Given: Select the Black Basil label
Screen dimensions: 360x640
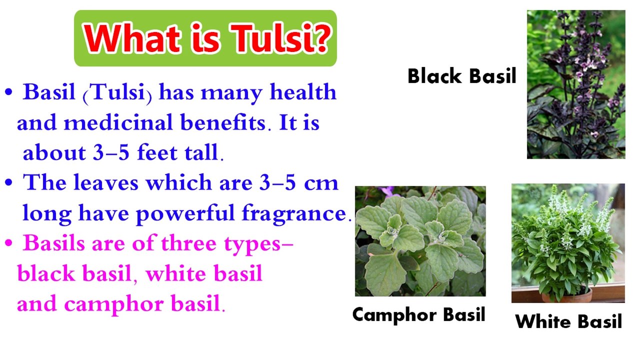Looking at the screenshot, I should tap(461, 76).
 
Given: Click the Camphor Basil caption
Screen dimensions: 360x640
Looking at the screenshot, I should tap(418, 315).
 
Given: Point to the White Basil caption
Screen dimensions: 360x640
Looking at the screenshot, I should tap(568, 321).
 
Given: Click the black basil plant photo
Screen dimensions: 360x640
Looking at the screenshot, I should tap(575, 84).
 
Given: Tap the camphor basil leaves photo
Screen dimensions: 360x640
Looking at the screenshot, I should tap(420, 241).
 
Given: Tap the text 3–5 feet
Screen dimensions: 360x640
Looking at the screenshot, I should tap(144, 153).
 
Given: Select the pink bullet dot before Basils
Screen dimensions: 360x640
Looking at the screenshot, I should tap(8, 244).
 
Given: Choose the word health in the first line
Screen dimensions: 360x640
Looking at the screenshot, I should tap(303, 92).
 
